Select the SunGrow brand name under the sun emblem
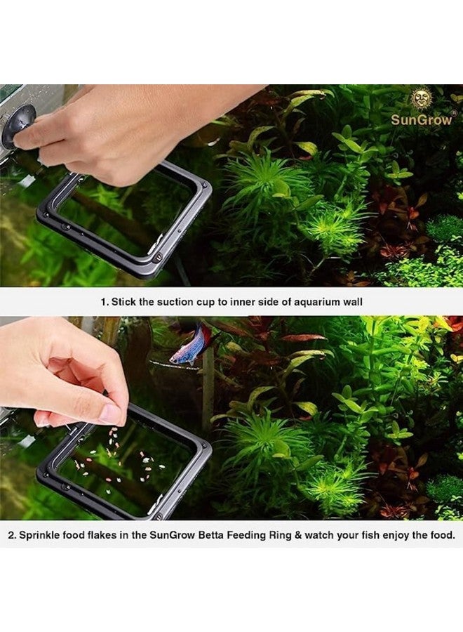pos(422,119)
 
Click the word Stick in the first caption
pos(124,301)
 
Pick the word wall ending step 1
pos(351,301)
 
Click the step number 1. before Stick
pos(105,301)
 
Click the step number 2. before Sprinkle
pos(12,535)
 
